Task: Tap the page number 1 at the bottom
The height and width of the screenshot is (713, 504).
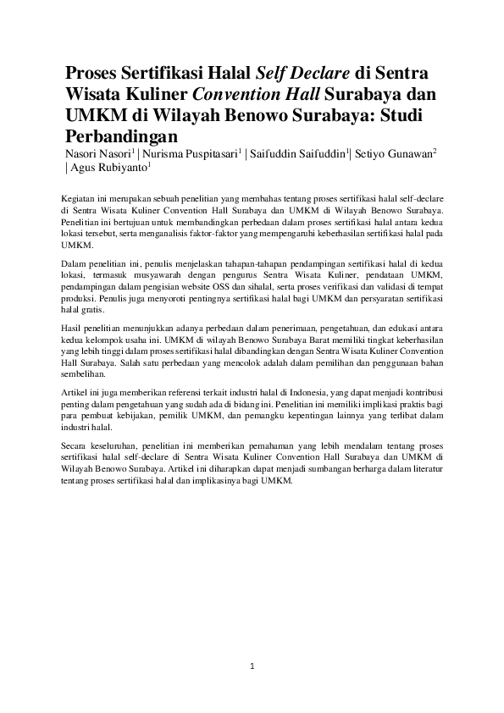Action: coord(252,667)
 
